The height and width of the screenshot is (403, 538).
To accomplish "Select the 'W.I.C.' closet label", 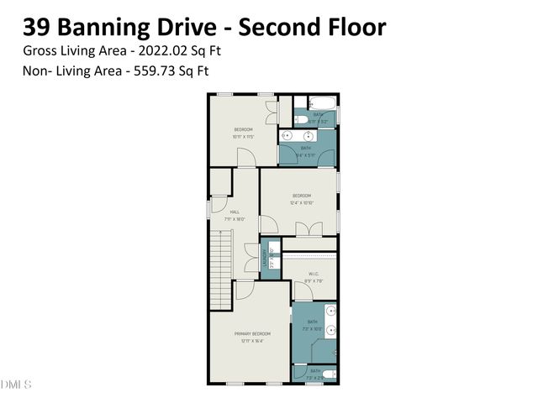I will (314, 273).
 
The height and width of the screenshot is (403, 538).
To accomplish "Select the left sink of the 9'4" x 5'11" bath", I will (287, 134).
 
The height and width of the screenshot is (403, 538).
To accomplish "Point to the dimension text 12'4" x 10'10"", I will (301, 202).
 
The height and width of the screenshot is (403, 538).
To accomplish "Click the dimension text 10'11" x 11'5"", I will (243, 136).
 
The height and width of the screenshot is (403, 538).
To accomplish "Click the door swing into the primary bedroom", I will (244, 290).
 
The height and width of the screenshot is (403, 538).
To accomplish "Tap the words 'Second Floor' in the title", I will (312, 27).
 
